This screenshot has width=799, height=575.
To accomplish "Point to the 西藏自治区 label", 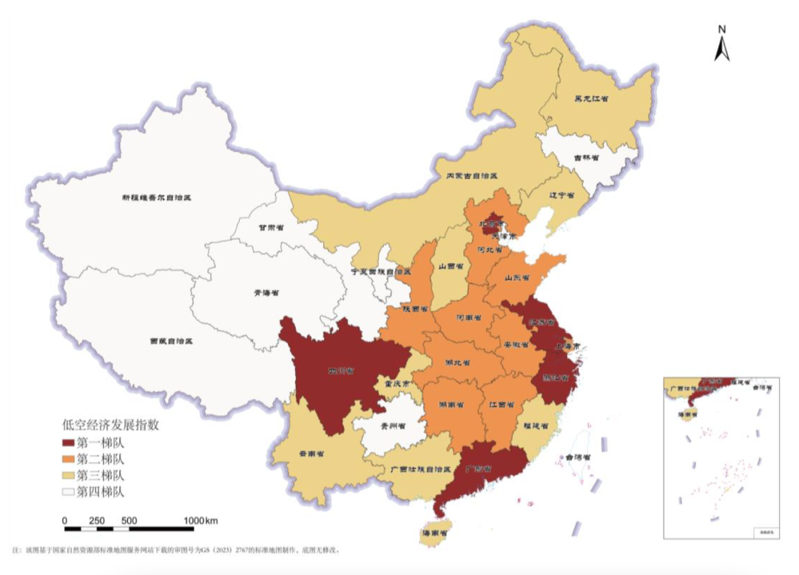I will pos(171,341).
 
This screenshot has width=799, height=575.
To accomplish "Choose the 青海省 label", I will pos(266,293).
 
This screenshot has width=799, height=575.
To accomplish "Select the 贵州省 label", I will pos(388,426).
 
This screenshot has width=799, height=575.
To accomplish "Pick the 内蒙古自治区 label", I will pos(471,176).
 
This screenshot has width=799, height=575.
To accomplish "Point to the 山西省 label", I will pos(451,265).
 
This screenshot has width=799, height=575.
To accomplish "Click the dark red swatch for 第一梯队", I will pos(73,443).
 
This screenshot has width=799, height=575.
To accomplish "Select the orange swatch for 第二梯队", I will pos(73,458).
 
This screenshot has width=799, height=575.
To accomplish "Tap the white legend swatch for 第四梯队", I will pos(73,490).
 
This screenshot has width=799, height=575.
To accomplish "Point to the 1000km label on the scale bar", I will pos(200,520).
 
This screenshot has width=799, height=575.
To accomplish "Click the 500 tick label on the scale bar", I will pos(129,520).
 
